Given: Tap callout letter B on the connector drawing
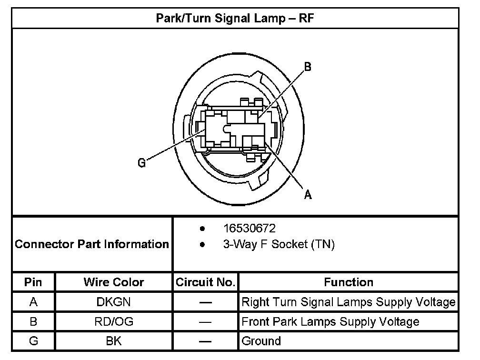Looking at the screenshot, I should [x=308, y=67].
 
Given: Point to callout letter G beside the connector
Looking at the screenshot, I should [x=141, y=163].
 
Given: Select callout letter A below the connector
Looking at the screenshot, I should [x=308, y=194].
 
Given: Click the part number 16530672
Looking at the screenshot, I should [x=249, y=229].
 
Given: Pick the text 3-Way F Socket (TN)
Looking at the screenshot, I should [x=279, y=245].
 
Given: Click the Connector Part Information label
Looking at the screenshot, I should [x=92, y=244].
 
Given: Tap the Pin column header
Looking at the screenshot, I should [x=33, y=282].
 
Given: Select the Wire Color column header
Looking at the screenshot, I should [x=114, y=282].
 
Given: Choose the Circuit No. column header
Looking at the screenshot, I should [x=205, y=282].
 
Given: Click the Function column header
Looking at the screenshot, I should [x=349, y=282].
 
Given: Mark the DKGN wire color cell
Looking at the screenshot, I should [x=114, y=302].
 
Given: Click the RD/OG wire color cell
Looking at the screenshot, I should [x=114, y=321].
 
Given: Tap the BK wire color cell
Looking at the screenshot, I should [x=114, y=341].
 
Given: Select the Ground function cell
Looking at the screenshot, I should [x=261, y=341].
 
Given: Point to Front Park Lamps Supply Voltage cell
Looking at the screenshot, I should [x=330, y=321].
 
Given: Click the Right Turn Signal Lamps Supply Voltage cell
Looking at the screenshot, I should [x=349, y=302].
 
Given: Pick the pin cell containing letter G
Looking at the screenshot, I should [x=33, y=341].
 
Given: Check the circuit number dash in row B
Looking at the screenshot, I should [x=205, y=322].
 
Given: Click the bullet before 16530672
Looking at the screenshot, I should [x=203, y=229].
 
